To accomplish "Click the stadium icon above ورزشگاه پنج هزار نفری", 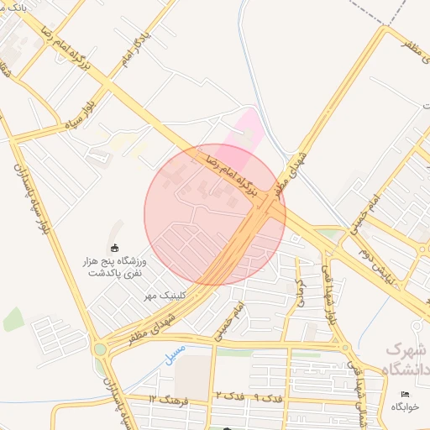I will click(115, 246).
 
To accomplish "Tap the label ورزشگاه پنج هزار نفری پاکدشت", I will click(123, 267).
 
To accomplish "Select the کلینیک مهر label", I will click(160, 296).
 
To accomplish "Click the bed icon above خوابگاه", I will click(406, 394).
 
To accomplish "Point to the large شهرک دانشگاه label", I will click(406, 359).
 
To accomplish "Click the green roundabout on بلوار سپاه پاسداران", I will click(101, 349).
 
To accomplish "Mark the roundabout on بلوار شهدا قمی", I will click(343, 345).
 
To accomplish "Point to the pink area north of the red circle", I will click(249, 130).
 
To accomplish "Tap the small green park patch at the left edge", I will click(13, 319).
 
